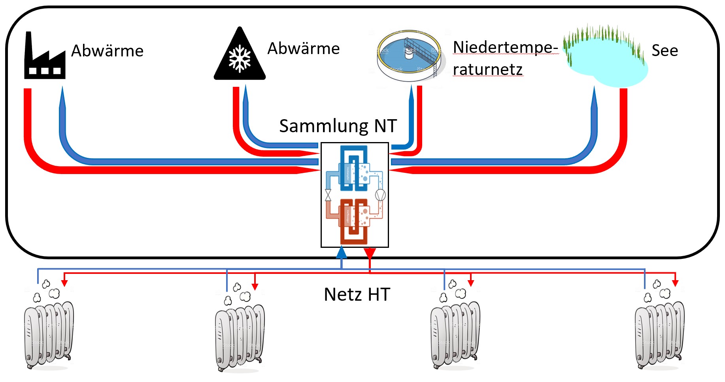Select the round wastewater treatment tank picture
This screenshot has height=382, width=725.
tap(409, 55)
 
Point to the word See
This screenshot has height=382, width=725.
tap(665, 51)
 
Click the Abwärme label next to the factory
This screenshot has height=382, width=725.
tap(107, 51)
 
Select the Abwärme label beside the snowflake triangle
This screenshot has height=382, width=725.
tap(303, 49)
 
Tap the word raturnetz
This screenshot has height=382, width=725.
tap(487, 69)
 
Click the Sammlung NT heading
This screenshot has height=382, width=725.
tap(338, 126)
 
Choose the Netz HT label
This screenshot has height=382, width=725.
tap(357, 294)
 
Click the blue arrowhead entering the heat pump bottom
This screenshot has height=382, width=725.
tap(342, 253)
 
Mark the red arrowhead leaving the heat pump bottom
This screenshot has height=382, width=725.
tap(370, 253)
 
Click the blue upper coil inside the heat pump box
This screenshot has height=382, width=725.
tap(353, 168)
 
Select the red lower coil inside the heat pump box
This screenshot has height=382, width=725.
tap(353, 221)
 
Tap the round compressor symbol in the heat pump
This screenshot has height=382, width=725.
tap(380, 195)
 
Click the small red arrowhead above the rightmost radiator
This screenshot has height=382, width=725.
tap(675, 283)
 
